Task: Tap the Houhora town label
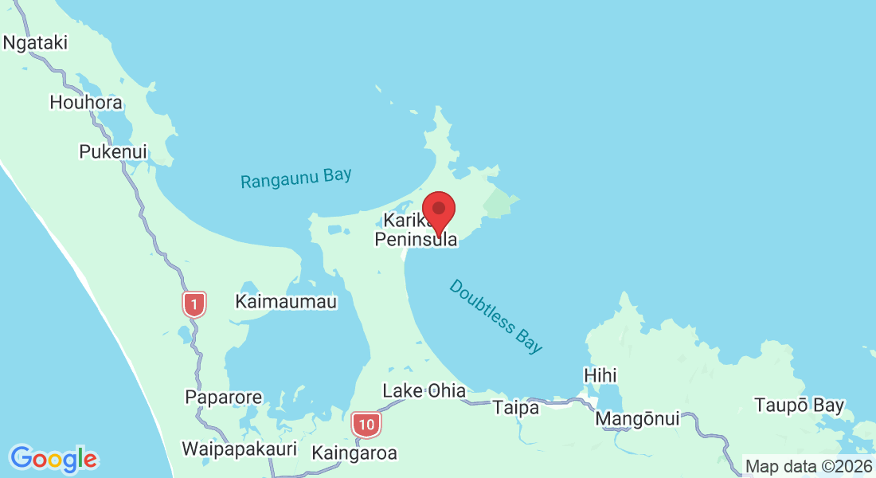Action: tap(86, 103)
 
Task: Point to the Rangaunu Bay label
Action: tap(296, 178)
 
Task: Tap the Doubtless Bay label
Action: tap(495, 316)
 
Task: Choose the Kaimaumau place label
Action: tap(286, 302)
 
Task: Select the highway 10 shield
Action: tap(366, 424)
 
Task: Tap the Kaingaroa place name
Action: tap(354, 453)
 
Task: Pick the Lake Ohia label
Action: tap(424, 391)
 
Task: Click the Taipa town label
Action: tap(516, 408)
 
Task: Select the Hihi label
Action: tap(600, 375)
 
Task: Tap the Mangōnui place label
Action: tap(638, 418)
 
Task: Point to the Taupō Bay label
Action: tap(800, 406)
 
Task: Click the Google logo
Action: tap(53, 459)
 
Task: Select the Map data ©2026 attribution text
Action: tap(808, 467)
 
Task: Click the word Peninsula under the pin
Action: tap(416, 238)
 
